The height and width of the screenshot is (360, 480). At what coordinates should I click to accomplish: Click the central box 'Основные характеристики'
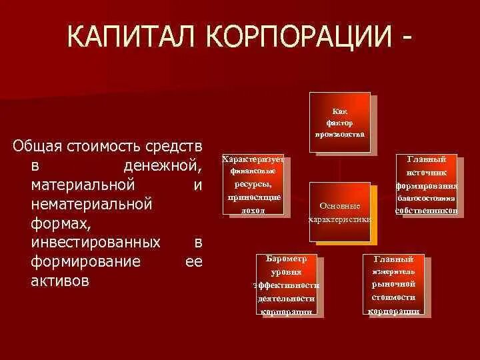(340, 211)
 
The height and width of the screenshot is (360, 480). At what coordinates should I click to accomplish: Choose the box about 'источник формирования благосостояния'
(426, 185)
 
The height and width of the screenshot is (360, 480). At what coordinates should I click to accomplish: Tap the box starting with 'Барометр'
(286, 285)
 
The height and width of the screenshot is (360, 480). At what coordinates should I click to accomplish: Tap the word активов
(59, 280)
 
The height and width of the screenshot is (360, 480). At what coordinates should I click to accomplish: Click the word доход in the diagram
(253, 210)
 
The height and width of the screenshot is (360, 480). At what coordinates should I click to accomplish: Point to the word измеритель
(393, 272)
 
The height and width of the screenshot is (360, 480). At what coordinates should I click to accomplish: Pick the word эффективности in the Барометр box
(286, 285)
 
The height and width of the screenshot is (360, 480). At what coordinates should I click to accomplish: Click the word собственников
(426, 210)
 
